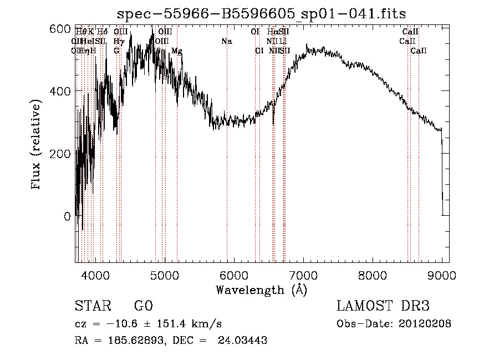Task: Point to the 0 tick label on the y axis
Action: point(67,216)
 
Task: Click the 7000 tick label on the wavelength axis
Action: point(303,275)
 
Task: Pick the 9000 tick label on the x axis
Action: point(441,275)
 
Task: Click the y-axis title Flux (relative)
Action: point(37,145)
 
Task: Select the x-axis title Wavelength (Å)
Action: point(261,290)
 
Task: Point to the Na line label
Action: point(226,42)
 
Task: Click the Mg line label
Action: point(176,51)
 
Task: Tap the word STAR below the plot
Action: point(92,306)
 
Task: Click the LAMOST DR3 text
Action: point(383,306)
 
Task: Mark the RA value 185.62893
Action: point(131,341)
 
